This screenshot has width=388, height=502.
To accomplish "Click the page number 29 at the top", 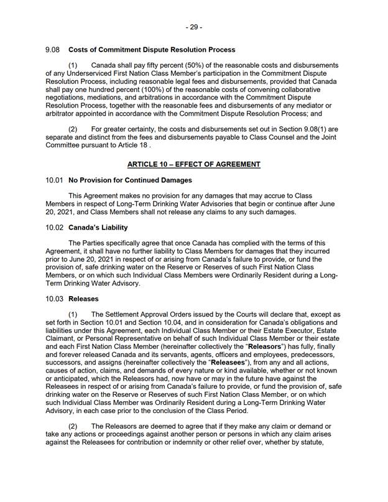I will (x=194, y=27).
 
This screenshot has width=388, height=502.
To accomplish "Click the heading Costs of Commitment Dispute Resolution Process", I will (x=152, y=49).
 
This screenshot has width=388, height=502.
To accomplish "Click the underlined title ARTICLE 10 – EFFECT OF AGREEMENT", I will (x=193, y=164).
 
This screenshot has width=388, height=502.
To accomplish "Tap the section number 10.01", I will (x=55, y=180).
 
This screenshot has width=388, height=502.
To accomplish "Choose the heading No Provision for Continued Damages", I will (x=130, y=180).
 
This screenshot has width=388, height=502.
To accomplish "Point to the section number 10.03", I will (x=55, y=299).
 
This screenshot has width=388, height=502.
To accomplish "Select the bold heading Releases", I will (x=83, y=299).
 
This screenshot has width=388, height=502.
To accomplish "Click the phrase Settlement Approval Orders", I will (x=158, y=315).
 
